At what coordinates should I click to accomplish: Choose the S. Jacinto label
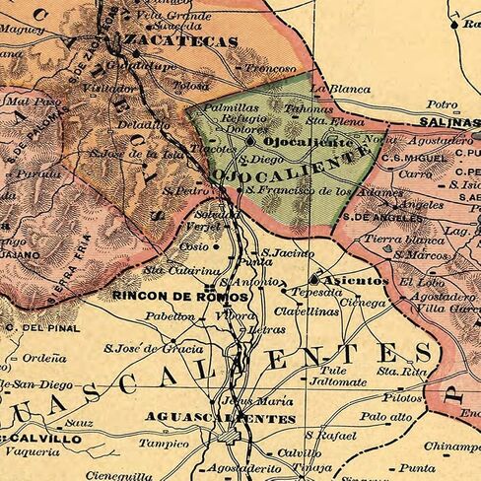(x=285, y=253)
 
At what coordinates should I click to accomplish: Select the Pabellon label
(x=170, y=316)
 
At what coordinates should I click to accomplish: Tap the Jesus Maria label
(x=243, y=401)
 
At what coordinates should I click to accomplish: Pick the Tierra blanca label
(x=392, y=240)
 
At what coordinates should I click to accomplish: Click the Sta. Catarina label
(x=181, y=269)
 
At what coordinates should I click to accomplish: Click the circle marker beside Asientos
(x=316, y=280)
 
